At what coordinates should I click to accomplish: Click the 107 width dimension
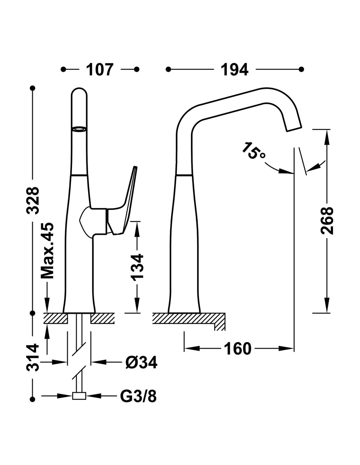coord(100,70)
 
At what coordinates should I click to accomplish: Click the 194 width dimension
coord(235,70)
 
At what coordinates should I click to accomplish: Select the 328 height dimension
coord(33,200)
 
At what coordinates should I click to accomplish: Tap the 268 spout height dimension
coord(326,220)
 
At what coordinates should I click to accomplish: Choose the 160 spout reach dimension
coord(238,349)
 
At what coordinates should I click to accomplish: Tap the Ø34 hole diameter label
coord(141,362)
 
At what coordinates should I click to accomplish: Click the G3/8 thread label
coord(138,396)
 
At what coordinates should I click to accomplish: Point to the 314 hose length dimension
coord(33,357)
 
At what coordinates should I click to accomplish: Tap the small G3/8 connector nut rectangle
coord(79,396)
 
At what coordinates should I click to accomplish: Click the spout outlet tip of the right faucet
coord(293,129)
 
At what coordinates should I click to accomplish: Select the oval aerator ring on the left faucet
coord(79,129)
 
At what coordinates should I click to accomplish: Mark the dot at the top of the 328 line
coord(32,88)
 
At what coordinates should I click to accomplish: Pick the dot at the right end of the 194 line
coord(301,69)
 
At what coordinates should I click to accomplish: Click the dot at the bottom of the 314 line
coord(32,399)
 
